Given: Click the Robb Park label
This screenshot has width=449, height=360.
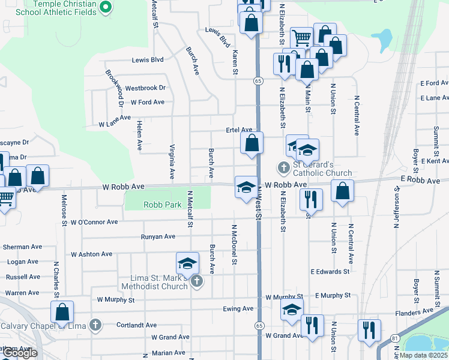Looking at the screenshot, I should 162,205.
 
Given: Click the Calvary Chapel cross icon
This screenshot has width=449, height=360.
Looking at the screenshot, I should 94,325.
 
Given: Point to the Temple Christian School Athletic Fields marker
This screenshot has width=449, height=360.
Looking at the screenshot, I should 106,8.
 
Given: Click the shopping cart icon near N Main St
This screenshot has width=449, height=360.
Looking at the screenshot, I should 301,38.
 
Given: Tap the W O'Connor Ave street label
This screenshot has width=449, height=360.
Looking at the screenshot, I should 94,222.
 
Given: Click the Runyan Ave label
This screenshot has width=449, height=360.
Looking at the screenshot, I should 158,237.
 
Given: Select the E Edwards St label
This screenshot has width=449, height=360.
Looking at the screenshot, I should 330,272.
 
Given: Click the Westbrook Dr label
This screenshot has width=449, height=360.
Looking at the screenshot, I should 145,88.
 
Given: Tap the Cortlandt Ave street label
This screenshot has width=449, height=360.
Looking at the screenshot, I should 137,325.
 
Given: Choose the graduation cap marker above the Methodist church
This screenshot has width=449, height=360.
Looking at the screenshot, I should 187,263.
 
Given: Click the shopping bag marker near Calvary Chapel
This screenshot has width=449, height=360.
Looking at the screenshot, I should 62,312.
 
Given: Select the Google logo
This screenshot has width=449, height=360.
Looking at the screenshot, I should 20,353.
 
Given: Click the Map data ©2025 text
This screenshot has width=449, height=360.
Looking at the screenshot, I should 423,355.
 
